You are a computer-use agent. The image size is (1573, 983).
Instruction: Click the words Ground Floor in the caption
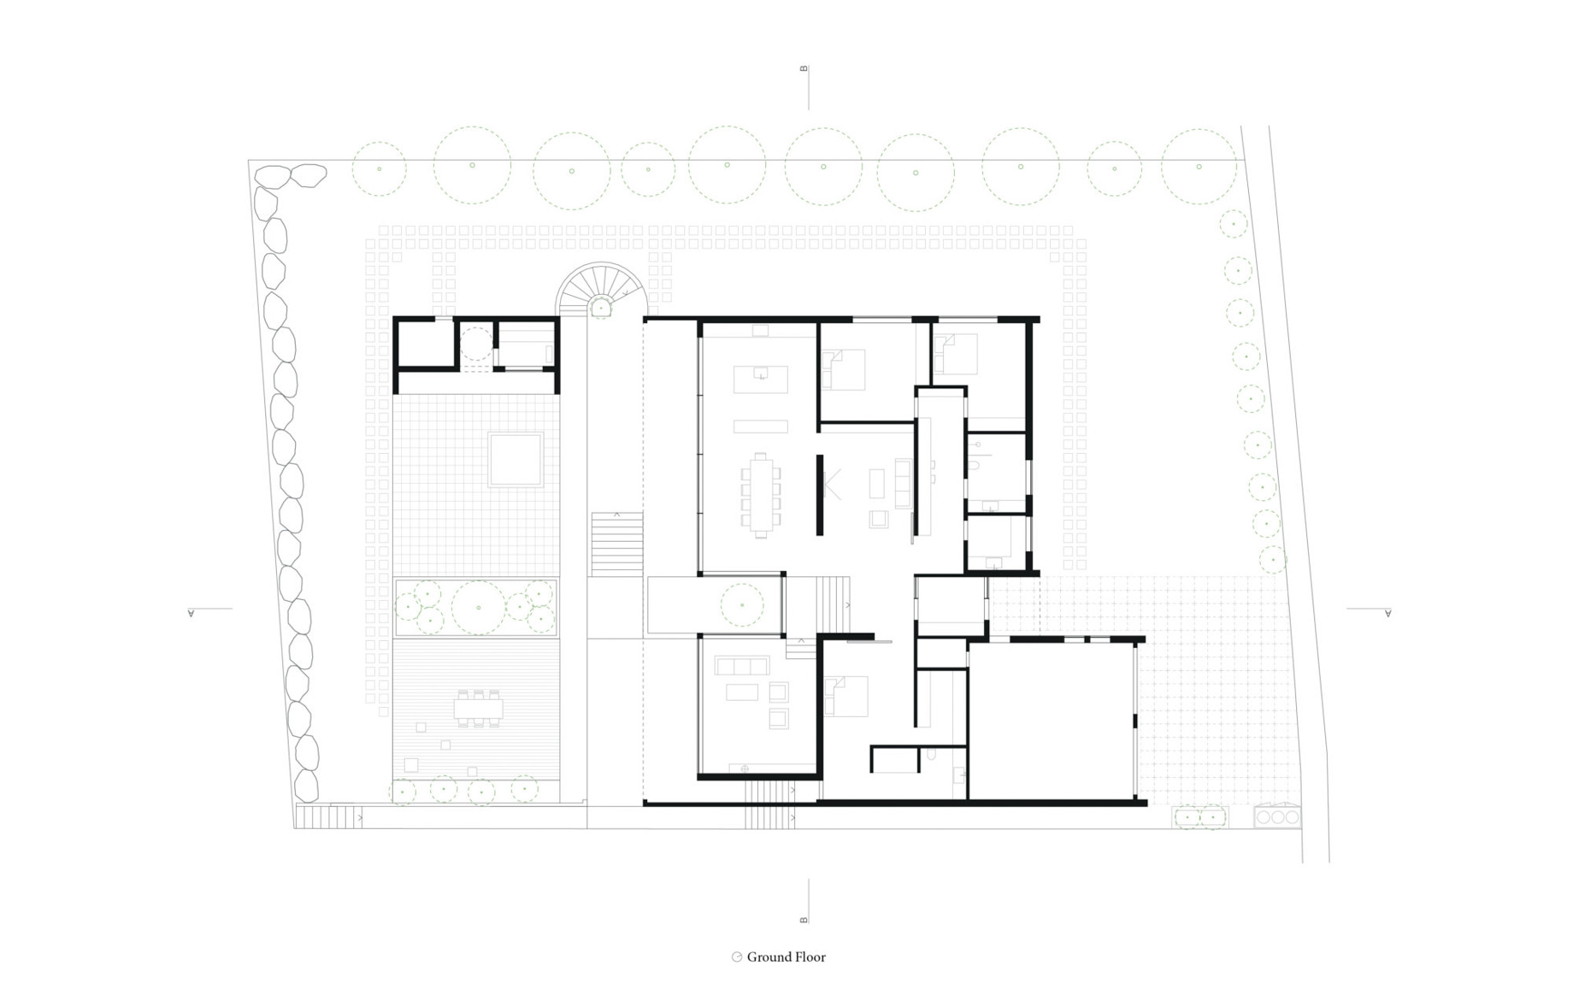(786, 957)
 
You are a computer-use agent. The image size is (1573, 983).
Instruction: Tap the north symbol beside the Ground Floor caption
(736, 957)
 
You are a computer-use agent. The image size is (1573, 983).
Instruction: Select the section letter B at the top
(804, 68)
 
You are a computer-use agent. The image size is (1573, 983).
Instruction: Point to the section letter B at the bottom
(804, 920)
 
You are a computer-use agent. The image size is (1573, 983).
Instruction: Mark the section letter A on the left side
(191, 612)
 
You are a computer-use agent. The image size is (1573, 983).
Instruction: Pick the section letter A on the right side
(1387, 612)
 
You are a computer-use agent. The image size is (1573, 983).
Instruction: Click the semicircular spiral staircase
(601, 289)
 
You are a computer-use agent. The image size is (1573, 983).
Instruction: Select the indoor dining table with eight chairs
(761, 495)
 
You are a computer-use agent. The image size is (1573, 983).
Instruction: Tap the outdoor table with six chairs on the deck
(479, 708)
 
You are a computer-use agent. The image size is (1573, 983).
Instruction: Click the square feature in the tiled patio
(515, 459)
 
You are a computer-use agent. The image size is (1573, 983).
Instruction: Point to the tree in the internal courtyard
(742, 605)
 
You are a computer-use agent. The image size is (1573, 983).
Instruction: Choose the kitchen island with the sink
(761, 380)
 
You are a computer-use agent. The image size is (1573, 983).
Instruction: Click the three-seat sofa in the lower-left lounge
(741, 667)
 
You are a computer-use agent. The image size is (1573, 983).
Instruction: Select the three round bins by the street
(1277, 817)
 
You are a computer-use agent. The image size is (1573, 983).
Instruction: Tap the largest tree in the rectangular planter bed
(478, 608)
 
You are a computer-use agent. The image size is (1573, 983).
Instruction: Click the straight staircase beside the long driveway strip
(616, 544)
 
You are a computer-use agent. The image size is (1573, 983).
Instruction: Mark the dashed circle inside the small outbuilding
(476, 344)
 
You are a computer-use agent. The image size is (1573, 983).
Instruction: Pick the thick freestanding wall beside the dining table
(819, 495)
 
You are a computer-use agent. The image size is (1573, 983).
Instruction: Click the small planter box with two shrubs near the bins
(1200, 817)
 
